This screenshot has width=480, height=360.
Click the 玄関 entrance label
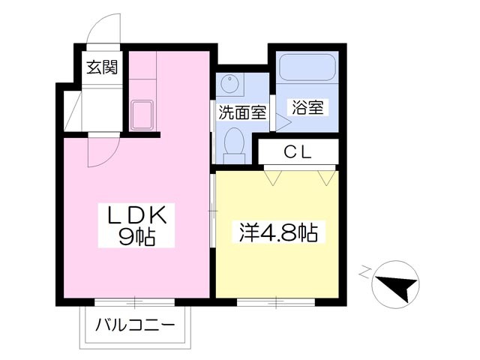point(102,67)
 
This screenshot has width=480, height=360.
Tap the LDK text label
point(136,216)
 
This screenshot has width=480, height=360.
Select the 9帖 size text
point(136,237)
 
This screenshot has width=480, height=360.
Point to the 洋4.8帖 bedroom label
point(278,232)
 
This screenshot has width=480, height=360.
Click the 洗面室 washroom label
point(242,112)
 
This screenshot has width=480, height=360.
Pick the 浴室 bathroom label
point(307,107)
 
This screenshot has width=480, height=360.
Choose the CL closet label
point(298,151)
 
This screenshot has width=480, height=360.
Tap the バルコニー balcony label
point(135,325)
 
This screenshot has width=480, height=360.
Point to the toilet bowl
point(234,142)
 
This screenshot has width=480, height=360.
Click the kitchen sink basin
point(142,115)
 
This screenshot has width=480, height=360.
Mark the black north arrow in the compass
point(398,286)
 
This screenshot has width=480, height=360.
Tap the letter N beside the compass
point(364,271)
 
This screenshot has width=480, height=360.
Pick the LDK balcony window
point(135,301)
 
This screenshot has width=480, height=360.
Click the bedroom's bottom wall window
point(276,301)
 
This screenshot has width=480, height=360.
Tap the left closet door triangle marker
point(273,178)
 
